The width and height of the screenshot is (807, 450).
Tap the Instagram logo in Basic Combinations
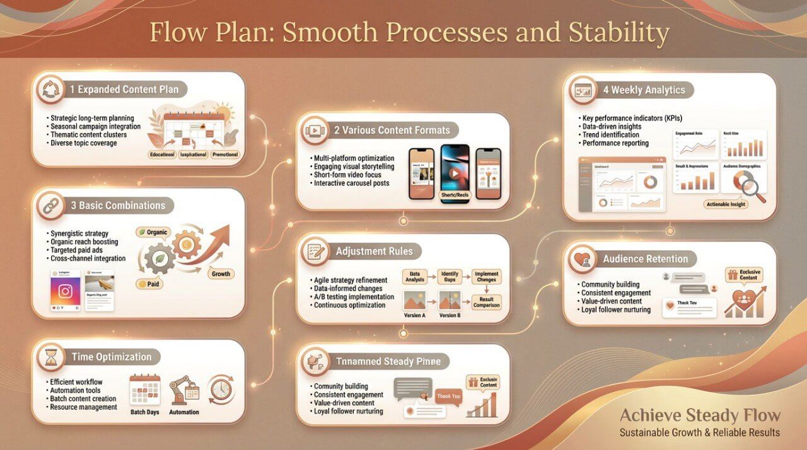pyautogui.click(x=65, y=291)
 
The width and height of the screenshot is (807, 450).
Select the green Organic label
pyautogui.click(x=153, y=233)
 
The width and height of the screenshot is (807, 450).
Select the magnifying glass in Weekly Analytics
pyautogui.click(x=752, y=187)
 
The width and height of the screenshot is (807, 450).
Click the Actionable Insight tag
pyautogui.click(x=726, y=205)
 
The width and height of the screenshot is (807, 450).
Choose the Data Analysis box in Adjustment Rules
pyautogui.click(x=415, y=277)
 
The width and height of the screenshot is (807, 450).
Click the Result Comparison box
pyautogui.click(x=487, y=302)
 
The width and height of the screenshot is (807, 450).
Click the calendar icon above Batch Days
pyautogui.click(x=144, y=389)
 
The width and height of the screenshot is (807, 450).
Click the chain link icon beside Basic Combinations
pyautogui.click(x=50, y=206)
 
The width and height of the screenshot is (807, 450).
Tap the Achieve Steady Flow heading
pyautogui.click(x=700, y=415)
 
